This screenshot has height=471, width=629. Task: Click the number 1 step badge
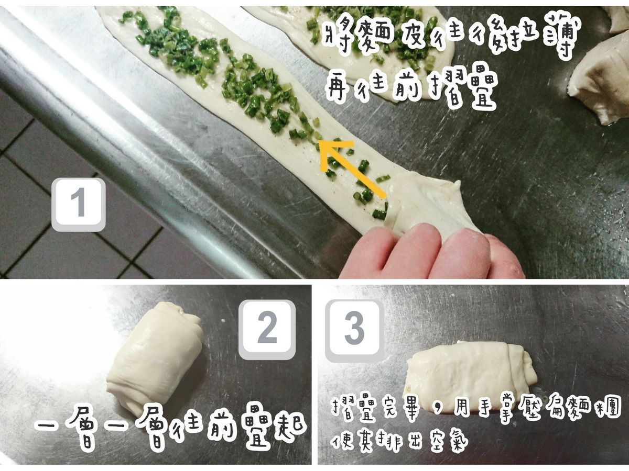tap(79, 205)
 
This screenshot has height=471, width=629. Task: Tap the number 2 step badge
tap(267, 330)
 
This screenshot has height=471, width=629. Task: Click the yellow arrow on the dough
tap(352, 168)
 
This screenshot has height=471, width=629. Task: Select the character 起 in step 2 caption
tap(290, 430)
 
